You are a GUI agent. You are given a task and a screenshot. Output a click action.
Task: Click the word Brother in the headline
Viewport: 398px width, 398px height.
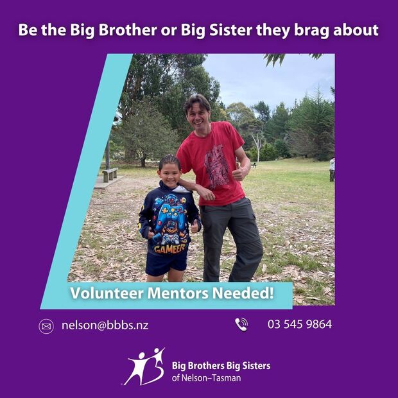(x=128, y=30)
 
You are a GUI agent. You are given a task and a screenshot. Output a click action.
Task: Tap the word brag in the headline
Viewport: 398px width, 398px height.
(x=311, y=31)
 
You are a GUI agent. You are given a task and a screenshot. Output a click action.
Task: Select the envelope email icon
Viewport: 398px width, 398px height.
(x=46, y=326)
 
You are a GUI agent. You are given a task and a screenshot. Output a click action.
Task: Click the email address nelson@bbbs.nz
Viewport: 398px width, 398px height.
(x=105, y=325)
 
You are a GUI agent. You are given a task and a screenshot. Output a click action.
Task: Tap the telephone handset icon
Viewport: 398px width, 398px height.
(x=241, y=324)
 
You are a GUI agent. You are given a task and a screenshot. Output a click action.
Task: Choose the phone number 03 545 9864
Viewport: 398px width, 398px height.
(x=300, y=324)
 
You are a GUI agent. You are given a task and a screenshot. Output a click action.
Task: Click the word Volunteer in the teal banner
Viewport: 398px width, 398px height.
(x=107, y=293)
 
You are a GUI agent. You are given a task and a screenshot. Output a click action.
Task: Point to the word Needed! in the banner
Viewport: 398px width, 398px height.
(x=243, y=293)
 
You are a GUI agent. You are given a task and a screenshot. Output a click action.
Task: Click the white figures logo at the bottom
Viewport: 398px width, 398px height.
(x=144, y=367)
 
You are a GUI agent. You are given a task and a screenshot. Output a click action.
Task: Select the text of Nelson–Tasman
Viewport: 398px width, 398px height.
(x=206, y=378)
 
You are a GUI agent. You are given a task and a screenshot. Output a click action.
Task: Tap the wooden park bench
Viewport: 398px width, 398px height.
(x=110, y=175)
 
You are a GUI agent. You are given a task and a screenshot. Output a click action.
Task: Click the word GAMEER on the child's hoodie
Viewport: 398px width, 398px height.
(x=170, y=249)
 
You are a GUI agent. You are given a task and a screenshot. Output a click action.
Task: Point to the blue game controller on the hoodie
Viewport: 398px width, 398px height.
(x=170, y=216)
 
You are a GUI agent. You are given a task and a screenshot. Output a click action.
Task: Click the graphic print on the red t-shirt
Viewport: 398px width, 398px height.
(x=216, y=166)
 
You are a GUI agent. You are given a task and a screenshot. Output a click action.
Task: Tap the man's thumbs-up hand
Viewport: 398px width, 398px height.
(x=239, y=172)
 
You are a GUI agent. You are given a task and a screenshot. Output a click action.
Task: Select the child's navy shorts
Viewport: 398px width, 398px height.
(x=166, y=264)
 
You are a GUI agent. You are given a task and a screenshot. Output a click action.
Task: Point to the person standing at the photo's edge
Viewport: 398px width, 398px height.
(x=332, y=169)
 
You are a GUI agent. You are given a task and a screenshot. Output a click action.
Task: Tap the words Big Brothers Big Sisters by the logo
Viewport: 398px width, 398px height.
(x=221, y=366)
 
